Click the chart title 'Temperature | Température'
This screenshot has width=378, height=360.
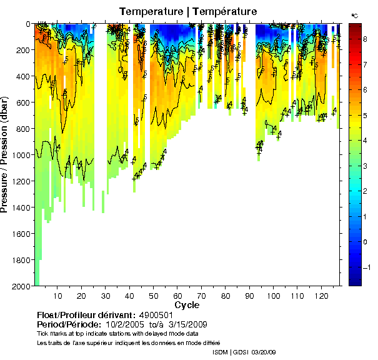pos(187,11)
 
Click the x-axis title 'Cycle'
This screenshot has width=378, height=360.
pos(187,305)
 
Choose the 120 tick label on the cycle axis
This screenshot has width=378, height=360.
pos(322,295)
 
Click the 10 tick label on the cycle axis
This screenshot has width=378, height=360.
pos(57,295)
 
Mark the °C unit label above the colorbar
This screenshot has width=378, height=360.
pos(354,14)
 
